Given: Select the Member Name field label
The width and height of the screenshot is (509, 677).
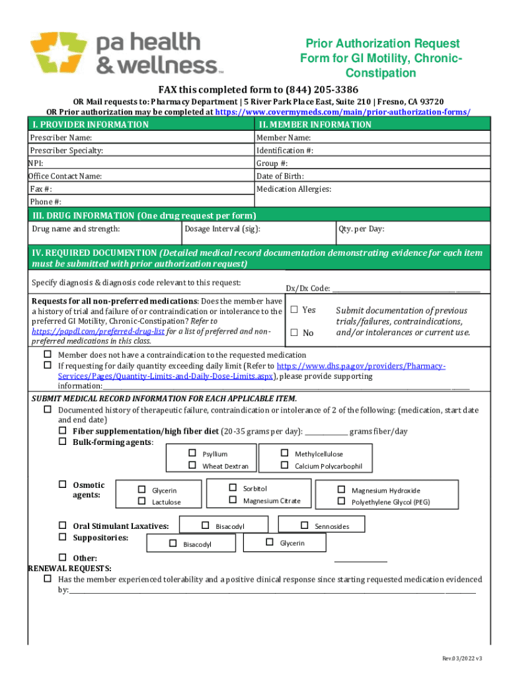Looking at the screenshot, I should click(284, 138).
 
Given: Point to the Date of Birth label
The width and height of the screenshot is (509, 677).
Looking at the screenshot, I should click(280, 176).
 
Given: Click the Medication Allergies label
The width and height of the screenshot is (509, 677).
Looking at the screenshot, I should click(294, 189).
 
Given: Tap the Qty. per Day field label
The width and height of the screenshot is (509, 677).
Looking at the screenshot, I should click(362, 229).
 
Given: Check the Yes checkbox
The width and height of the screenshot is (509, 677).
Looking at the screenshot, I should click(295, 309).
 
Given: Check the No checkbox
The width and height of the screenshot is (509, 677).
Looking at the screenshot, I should click(295, 333).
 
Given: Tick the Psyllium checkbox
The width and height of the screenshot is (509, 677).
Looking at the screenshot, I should click(192, 454).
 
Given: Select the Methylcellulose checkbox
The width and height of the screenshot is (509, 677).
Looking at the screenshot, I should click(285, 454).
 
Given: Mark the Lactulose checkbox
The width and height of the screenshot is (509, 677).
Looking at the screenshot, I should click(141, 501).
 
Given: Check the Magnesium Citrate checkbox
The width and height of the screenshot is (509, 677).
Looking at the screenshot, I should click(233, 500).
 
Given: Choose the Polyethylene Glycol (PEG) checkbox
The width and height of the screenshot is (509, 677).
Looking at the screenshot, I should click(341, 501).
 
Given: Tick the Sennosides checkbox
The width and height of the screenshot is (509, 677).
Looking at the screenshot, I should click(304, 526).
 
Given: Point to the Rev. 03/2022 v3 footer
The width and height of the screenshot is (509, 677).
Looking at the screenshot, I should click(463, 658).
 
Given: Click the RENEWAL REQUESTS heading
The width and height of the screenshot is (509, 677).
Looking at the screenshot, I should click(69, 569).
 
